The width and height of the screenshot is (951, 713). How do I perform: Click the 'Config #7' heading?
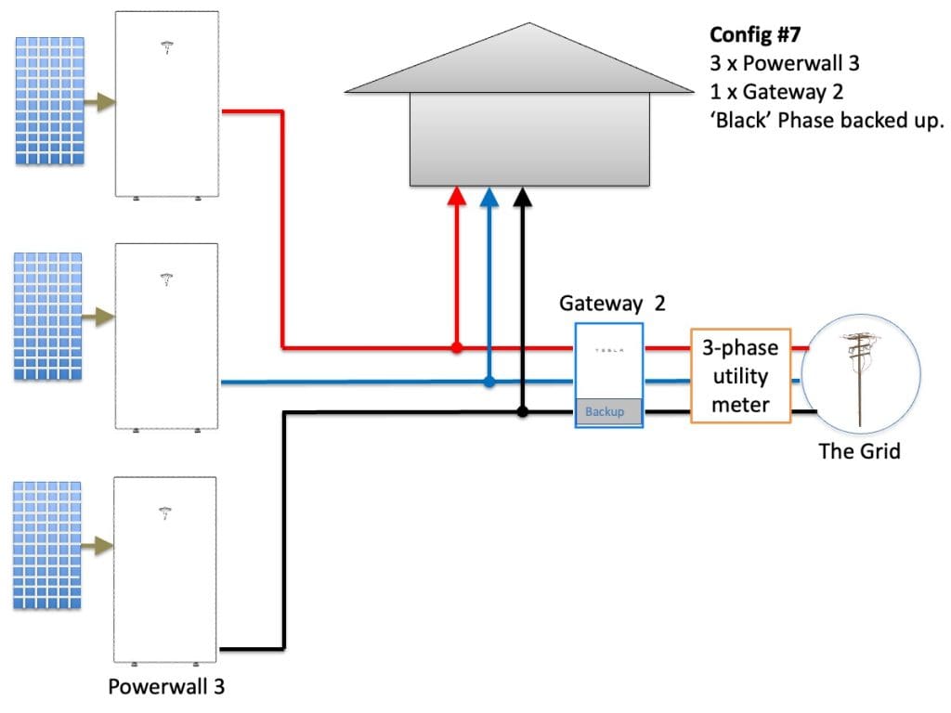(756, 35)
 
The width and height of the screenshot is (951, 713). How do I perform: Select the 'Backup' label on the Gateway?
(605, 411)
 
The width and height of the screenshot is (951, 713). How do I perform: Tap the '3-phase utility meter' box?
(740, 375)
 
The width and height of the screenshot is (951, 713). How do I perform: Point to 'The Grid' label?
(859, 452)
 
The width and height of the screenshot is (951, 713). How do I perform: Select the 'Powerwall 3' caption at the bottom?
(166, 687)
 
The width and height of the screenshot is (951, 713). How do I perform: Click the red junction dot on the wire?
(456, 348)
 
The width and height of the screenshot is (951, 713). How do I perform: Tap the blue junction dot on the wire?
(489, 381)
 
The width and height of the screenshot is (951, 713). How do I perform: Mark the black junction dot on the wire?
(522, 411)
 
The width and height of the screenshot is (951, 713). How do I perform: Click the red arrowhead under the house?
(456, 196)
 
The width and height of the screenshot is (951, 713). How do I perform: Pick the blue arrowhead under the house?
(489, 196)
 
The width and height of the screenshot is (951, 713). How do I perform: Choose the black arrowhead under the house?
(522, 196)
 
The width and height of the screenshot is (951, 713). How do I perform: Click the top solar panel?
(50, 100)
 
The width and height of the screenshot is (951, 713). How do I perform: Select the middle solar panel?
(48, 316)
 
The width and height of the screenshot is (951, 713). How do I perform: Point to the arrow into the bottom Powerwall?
(98, 549)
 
